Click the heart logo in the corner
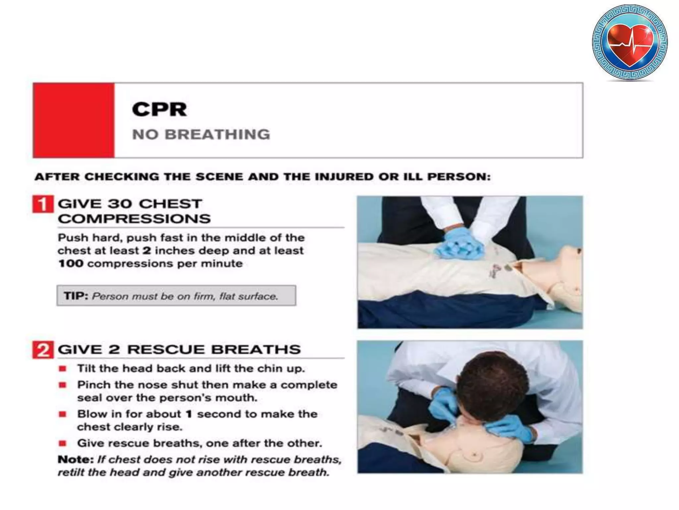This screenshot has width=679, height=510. [630, 42]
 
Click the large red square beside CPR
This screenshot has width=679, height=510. [74, 120]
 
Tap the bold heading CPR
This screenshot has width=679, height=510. [159, 109]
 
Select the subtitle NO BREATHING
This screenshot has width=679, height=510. [201, 134]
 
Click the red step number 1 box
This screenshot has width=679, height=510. [42, 204]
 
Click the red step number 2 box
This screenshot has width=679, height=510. [42, 350]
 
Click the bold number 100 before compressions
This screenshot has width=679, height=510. [71, 264]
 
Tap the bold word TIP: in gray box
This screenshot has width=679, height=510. [76, 296]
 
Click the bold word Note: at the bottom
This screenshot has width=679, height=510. [76, 460]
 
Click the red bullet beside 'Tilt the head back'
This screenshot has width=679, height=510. [63, 369]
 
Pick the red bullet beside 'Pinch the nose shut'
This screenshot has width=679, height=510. [63, 385]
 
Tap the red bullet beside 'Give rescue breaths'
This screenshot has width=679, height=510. [63, 443]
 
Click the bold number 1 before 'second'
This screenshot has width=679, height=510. [189, 414]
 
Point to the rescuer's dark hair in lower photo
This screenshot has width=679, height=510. [491, 382]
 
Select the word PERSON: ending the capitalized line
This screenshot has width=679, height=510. [459, 177]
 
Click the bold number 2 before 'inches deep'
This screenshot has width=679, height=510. [147, 251]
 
